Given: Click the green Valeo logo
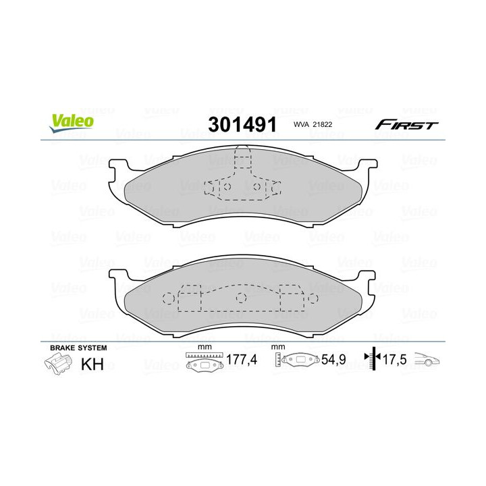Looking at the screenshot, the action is coord(71,122).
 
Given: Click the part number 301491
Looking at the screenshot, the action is coord(242,125).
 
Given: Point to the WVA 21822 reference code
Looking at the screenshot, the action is coord(313,125).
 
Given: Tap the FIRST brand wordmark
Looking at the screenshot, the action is coord(406,126).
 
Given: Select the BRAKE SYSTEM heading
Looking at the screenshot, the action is coord(78,348).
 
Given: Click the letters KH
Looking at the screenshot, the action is coord(92,364).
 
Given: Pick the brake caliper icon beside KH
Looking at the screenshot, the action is coord(58,364).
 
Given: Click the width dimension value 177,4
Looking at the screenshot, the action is coord(242,360).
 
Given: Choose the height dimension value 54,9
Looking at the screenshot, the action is coord(333,360).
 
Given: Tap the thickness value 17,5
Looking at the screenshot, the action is coord(395,360).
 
